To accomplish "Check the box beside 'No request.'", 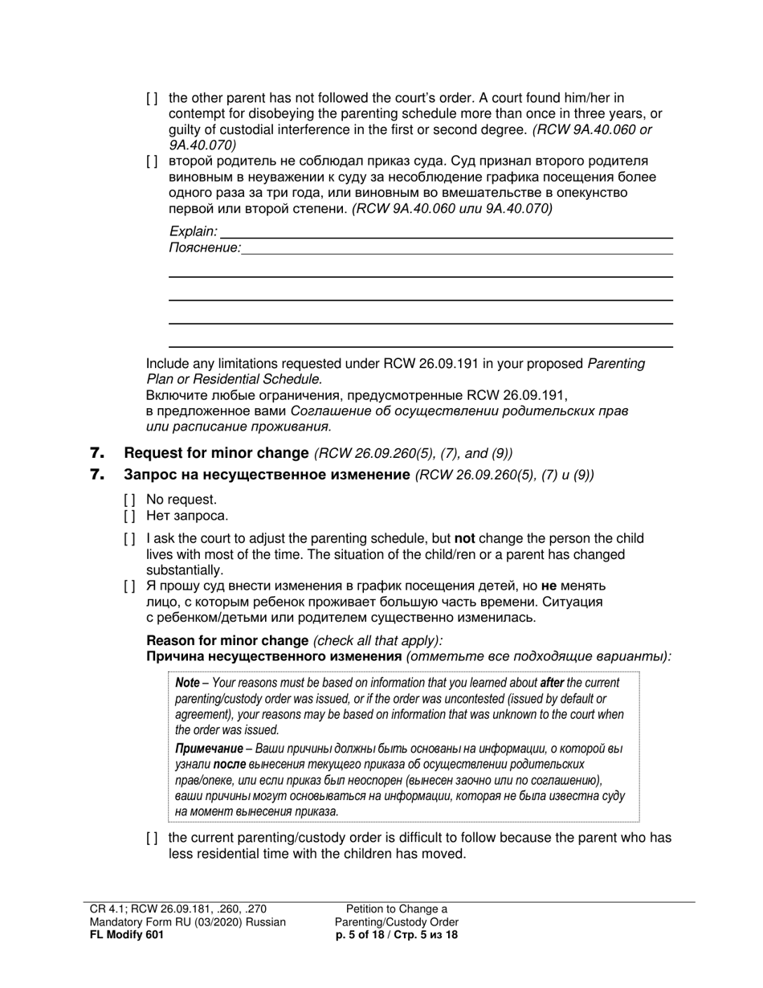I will [x=129, y=500].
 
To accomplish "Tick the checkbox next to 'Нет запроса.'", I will [x=129, y=516].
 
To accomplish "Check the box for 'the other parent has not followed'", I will [x=152, y=98].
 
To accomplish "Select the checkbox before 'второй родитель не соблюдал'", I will [x=152, y=161].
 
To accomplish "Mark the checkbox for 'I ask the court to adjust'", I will [x=129, y=539].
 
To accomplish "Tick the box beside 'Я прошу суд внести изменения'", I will [x=129, y=586].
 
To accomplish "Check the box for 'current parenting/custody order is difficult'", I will [x=152, y=839].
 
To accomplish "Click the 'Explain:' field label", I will [x=193, y=231].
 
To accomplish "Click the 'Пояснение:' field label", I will [x=204, y=248].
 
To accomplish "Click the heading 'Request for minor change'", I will [x=216, y=453].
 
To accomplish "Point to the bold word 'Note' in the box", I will [x=187, y=683].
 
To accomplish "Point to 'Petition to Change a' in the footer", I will [x=397, y=908].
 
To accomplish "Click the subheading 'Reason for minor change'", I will [x=227, y=640].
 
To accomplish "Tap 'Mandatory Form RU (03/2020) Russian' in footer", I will [x=188, y=921].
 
